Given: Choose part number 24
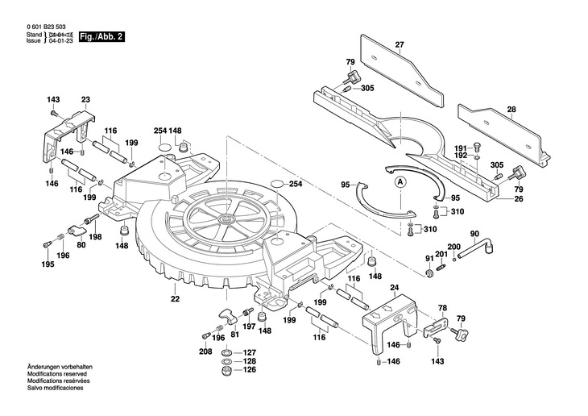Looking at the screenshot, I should [395, 288].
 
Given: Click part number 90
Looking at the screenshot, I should [474, 235].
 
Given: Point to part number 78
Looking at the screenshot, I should [441, 309].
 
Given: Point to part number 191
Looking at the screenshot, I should [460, 148].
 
